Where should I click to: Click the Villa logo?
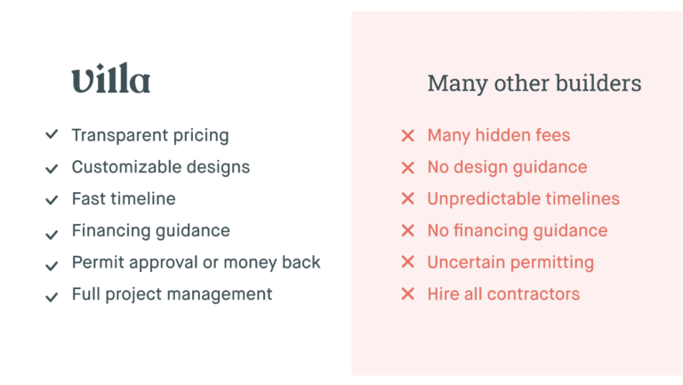pyautogui.click(x=111, y=77)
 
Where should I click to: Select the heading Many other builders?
pyautogui.click(x=534, y=84)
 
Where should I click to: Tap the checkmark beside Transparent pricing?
pyautogui.click(x=52, y=134)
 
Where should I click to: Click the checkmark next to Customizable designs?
pyautogui.click(x=52, y=168)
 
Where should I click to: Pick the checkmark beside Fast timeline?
pyautogui.click(x=52, y=200)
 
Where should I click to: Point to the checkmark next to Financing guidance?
pyautogui.click(x=52, y=235)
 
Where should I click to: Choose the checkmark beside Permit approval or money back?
pyautogui.click(x=52, y=265)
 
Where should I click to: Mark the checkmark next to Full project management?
pyautogui.click(x=52, y=297)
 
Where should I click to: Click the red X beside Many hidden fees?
pyautogui.click(x=407, y=135)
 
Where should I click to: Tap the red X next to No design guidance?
pyautogui.click(x=407, y=167)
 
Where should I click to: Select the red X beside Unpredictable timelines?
pyautogui.click(x=407, y=198)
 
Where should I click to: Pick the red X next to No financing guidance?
pyautogui.click(x=407, y=230)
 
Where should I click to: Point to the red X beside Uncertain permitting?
pyautogui.click(x=407, y=261)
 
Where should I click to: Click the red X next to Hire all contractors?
pyautogui.click(x=407, y=293)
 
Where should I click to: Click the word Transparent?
pyautogui.click(x=120, y=135)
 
